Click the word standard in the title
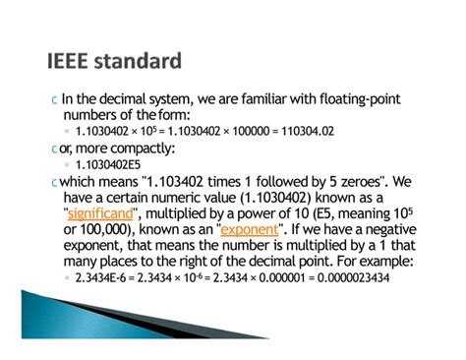140,62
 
